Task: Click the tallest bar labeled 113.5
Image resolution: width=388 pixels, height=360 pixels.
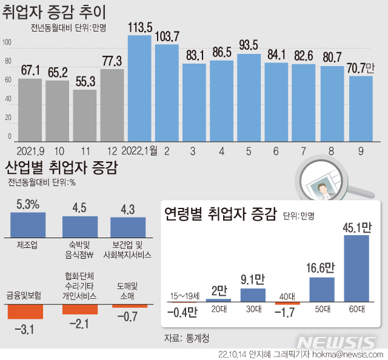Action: click(139, 88)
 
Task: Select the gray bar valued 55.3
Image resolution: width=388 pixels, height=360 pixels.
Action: click(85, 115)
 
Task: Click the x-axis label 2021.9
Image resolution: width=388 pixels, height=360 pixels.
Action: click(31, 150)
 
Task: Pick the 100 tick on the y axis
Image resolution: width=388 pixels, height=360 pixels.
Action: click(7, 42)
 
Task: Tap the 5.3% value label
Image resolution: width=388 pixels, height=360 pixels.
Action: click(28, 205)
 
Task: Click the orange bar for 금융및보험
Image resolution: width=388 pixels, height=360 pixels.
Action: click(25, 311)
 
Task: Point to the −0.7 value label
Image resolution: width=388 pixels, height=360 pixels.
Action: click(128, 316)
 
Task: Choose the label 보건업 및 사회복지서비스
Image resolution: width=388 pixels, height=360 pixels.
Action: click(128, 250)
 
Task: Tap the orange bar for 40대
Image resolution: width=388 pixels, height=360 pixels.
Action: click(287, 303)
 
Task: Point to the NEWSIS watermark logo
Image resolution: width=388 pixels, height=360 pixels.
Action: click(340, 342)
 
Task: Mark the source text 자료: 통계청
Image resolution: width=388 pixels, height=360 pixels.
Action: click(190, 336)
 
